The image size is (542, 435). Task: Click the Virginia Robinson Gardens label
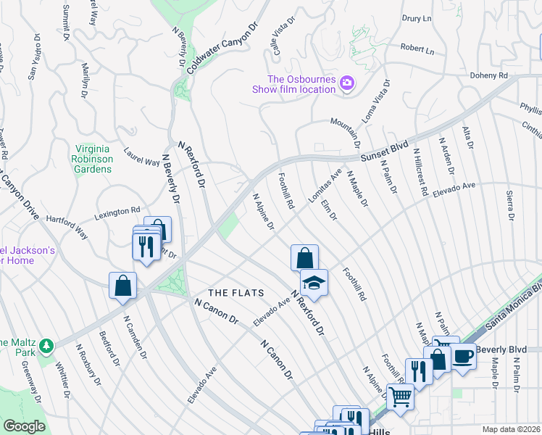93,159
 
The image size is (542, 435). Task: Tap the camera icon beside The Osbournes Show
347,83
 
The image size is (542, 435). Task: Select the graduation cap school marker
314,283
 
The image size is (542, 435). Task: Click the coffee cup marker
463,356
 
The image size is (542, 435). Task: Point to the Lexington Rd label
117,213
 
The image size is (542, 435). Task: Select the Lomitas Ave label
328,185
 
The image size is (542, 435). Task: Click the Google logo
24,426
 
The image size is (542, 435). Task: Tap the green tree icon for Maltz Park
46,344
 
